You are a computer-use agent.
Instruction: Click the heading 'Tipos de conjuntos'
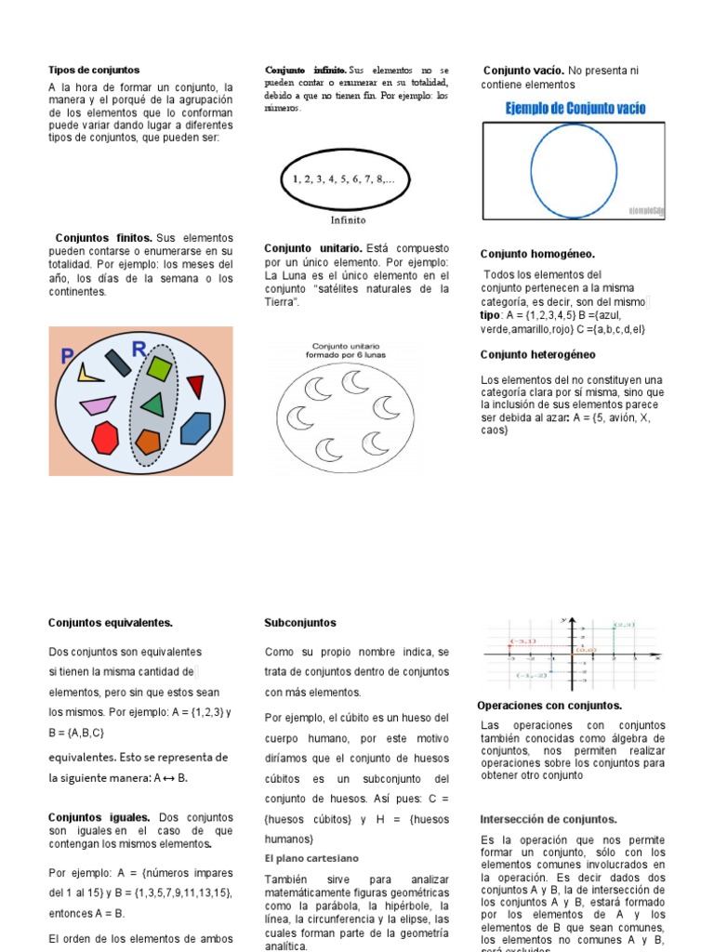tap(94, 70)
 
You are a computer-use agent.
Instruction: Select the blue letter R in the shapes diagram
tap(139, 350)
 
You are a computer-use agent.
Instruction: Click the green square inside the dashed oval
tap(160, 369)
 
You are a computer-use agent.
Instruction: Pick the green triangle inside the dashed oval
tap(152, 404)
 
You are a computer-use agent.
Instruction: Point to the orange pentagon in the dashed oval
tap(148, 441)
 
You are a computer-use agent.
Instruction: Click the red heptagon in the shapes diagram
tap(107, 437)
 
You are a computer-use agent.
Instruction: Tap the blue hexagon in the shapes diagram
tap(195, 428)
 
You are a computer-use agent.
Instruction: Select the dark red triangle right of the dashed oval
tap(194, 385)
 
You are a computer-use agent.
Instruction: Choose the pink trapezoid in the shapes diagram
tap(97, 405)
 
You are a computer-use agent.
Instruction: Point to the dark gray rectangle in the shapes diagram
tap(118, 362)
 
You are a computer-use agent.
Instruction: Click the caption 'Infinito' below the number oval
tap(349, 220)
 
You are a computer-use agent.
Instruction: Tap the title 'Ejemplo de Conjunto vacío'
tap(575, 109)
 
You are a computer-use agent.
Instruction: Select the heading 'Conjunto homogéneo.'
tap(537, 254)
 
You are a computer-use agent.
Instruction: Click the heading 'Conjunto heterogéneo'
tap(538, 354)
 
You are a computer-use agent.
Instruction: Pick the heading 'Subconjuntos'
tap(300, 623)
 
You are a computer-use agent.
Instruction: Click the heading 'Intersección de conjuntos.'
tap(549, 819)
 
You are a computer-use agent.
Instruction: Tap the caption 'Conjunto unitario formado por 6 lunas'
tap(343, 350)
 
